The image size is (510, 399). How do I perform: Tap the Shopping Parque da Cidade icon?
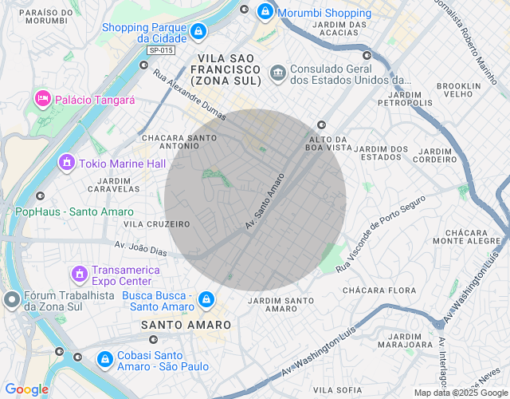198,32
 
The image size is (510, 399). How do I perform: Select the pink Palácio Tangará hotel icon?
42,99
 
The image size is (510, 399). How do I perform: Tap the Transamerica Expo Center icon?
79,275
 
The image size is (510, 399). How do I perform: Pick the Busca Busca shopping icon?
206,299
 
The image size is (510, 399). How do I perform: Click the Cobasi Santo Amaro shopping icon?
104,360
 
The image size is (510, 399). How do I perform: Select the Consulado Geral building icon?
277,73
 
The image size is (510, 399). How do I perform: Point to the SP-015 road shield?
160,50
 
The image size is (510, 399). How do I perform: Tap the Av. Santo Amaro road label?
265,203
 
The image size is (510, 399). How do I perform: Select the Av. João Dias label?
141,249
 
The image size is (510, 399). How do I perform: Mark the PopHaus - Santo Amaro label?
69,211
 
